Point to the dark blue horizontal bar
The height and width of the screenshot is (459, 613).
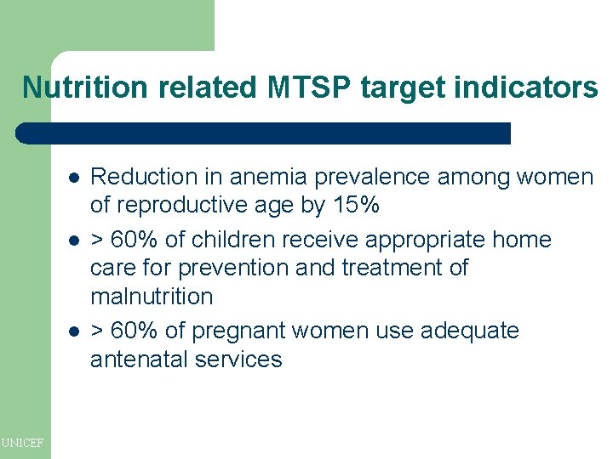264,133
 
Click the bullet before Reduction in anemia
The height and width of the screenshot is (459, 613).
74,178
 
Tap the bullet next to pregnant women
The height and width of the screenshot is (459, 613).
74,331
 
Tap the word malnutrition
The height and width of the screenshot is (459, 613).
152,297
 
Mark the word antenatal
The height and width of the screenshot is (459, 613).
139,360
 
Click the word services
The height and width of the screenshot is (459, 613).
238,360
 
